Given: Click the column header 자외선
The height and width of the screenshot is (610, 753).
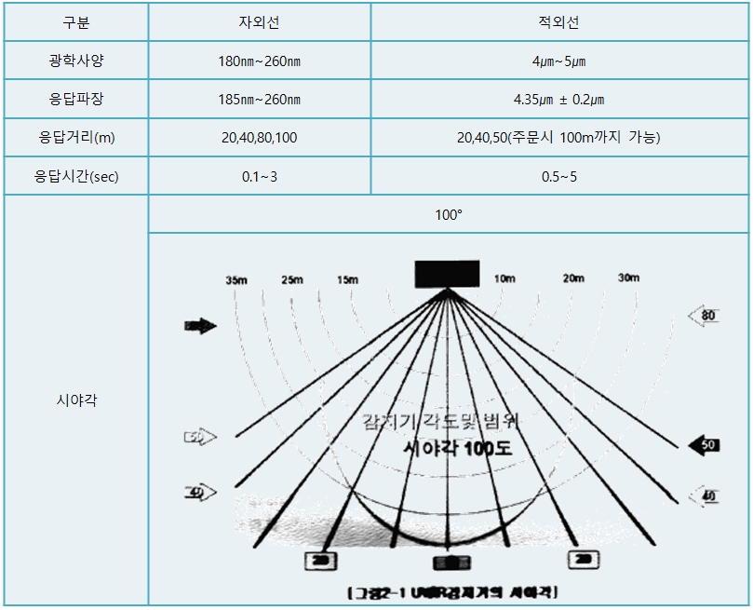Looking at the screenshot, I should tap(258, 21).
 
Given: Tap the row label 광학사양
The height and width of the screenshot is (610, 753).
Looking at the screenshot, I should tap(75, 61).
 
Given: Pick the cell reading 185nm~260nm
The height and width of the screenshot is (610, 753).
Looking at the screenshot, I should tap(258, 100).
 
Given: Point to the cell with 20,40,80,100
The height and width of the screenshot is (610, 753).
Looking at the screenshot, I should tap(258, 138).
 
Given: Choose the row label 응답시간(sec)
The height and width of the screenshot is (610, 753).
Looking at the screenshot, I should tap(75, 176).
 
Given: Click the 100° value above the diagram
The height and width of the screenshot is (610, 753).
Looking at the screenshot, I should tap(448, 214).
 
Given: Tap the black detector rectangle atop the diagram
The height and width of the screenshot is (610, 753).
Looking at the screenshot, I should tap(448, 274).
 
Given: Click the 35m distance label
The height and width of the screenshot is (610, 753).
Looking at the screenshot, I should tap(236, 280).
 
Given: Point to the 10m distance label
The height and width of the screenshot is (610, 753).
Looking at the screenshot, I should tap(504, 278).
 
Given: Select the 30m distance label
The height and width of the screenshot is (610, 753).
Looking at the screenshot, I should tap(627, 278).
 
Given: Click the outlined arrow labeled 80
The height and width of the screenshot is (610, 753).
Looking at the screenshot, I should tap(704, 316).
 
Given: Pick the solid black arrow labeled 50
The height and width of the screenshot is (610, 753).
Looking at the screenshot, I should tap(704, 445).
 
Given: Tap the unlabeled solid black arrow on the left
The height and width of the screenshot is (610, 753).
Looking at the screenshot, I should tap(200, 326).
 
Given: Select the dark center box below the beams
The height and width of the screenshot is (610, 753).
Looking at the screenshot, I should tap(450, 562).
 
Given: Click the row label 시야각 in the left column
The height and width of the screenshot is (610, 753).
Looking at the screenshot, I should tap(75, 400).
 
